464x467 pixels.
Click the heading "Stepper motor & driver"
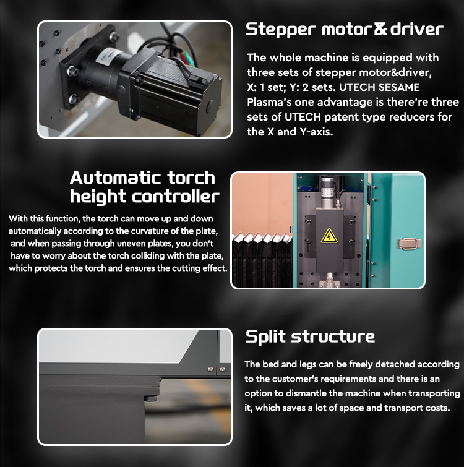click(x=344, y=30)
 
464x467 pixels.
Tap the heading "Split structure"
click(x=310, y=336)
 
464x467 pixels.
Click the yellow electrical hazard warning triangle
click(x=329, y=236)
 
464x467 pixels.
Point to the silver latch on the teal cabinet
click(x=410, y=243)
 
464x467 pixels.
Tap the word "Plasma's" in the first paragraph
click(x=269, y=102)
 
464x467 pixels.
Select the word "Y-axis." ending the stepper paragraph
click(x=316, y=132)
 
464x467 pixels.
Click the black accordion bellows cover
click(x=262, y=260)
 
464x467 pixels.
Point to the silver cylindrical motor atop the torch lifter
click(x=328, y=193)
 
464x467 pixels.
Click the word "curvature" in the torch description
click(x=153, y=231)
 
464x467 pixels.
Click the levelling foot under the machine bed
click(x=151, y=398)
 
